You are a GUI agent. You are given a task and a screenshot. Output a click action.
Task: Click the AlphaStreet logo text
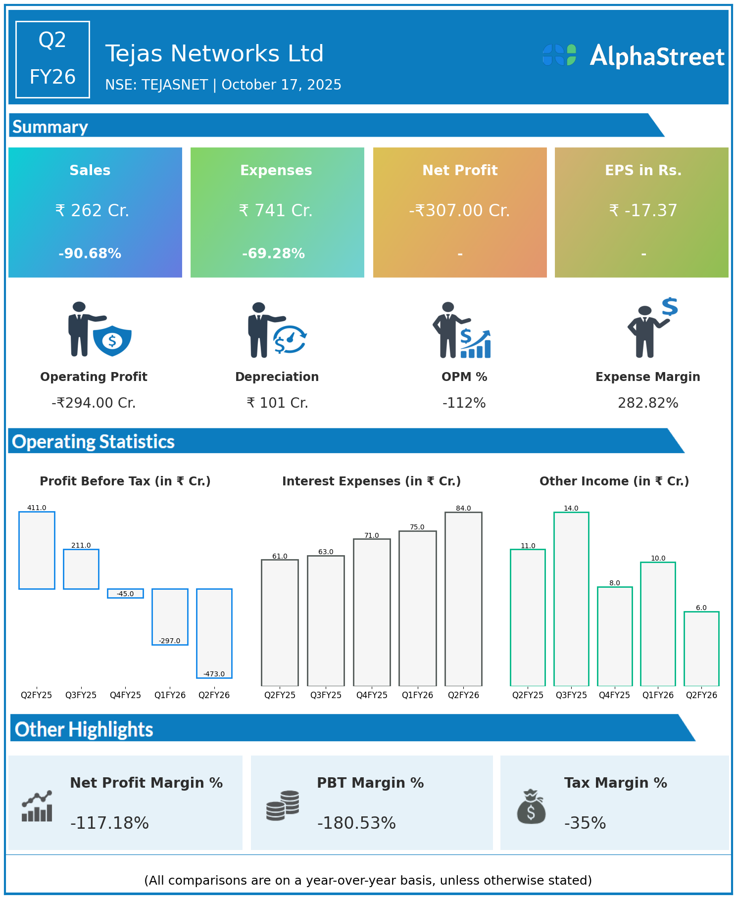(657, 56)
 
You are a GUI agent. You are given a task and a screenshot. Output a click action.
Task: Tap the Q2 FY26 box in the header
(52, 59)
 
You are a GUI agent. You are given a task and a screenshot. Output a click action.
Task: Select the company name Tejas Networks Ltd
(214, 53)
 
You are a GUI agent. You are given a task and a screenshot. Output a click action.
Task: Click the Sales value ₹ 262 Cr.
(92, 211)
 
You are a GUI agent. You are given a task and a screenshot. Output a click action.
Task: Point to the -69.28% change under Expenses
(273, 254)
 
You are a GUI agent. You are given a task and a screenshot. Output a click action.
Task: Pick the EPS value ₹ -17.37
(643, 211)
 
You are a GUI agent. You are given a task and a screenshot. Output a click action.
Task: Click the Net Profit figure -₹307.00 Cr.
(459, 211)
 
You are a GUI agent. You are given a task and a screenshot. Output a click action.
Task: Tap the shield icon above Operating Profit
(112, 340)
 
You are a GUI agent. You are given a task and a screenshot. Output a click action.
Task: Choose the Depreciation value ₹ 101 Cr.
(277, 403)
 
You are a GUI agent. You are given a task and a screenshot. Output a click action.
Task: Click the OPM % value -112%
(464, 403)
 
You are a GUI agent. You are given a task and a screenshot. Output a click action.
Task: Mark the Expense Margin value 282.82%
(648, 403)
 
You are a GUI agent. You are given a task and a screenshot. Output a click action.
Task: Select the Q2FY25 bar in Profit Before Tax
(37, 550)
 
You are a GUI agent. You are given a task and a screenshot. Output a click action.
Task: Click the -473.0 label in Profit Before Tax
(214, 674)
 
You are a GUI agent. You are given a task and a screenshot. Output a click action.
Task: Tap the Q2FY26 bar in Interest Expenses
(463, 599)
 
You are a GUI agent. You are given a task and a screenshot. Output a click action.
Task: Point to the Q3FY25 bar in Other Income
(571, 599)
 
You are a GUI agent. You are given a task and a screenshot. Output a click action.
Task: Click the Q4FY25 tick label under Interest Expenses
(372, 695)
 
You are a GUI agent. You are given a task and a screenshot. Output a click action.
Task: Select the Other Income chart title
(614, 481)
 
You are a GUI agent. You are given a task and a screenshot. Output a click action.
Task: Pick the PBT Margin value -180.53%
(356, 823)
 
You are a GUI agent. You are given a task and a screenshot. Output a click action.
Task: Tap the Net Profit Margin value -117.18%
(109, 823)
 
